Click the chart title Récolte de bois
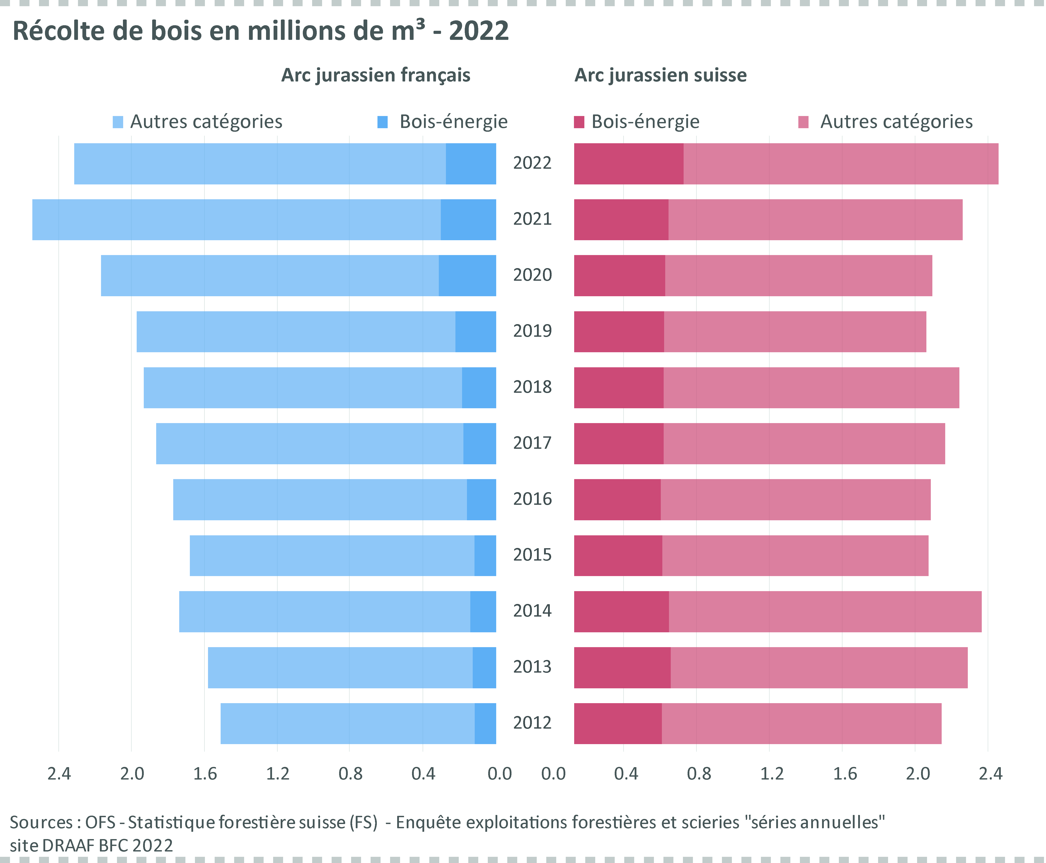(260, 31)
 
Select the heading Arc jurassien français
(375, 75)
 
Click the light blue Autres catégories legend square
(118, 122)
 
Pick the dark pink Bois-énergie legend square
(579, 122)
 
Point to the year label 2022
(532, 163)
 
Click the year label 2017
(532, 443)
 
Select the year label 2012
(532, 723)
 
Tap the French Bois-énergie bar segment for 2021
(468, 220)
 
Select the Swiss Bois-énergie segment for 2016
(617, 500)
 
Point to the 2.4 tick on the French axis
(59, 774)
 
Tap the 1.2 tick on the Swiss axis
(772, 774)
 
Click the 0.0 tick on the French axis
(499, 774)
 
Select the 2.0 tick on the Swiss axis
(918, 774)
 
